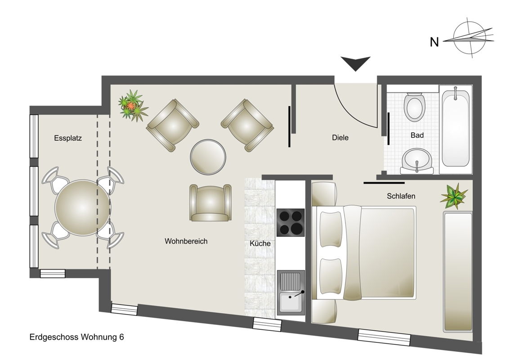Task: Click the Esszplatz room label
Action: (x=68, y=138)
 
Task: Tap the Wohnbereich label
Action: (x=186, y=241)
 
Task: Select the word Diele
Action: (x=340, y=137)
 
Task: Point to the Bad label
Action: (x=417, y=135)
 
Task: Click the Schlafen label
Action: (x=401, y=196)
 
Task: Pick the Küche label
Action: (x=260, y=243)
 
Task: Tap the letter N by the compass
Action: (x=434, y=42)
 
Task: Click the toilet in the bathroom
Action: (x=415, y=107)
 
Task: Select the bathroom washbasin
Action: (x=417, y=161)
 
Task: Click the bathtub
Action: (x=455, y=128)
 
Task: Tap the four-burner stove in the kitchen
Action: (x=290, y=222)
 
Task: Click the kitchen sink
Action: (x=290, y=292)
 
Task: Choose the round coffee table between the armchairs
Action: (x=208, y=157)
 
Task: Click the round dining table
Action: (x=82, y=207)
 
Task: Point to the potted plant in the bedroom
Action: (x=454, y=196)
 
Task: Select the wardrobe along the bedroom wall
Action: (x=458, y=272)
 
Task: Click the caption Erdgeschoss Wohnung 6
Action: (x=76, y=337)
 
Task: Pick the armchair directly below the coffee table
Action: (x=210, y=203)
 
